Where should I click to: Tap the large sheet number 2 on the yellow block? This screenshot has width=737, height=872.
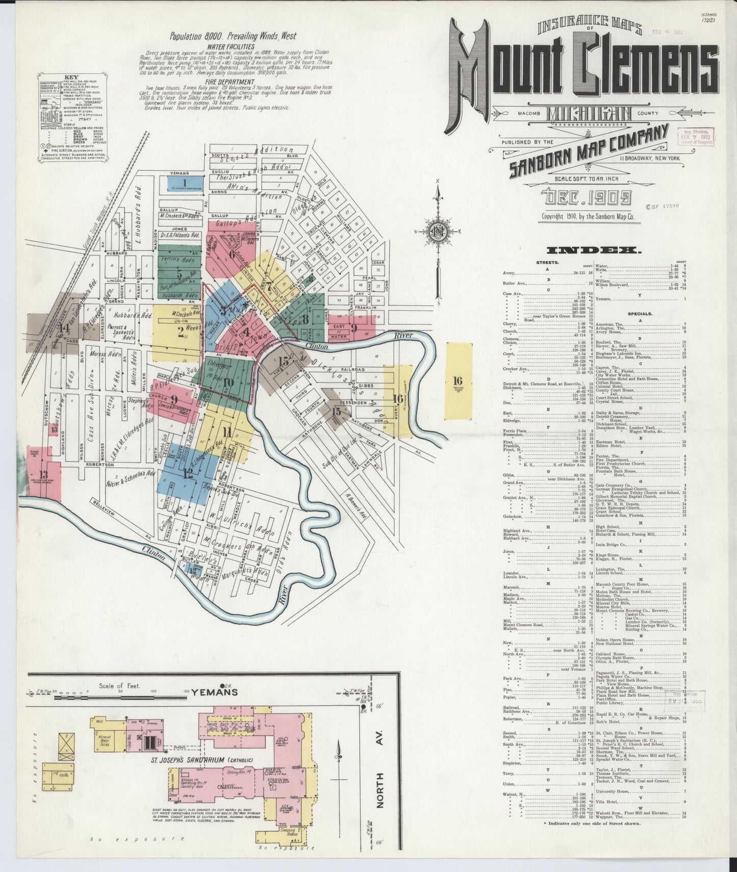[181, 332]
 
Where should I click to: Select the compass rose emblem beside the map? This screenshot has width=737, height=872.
[437, 231]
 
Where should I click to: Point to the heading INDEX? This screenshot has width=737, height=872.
[593, 250]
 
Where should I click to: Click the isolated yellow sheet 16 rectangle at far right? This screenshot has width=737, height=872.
[458, 380]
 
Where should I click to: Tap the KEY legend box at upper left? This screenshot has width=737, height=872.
[71, 119]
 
